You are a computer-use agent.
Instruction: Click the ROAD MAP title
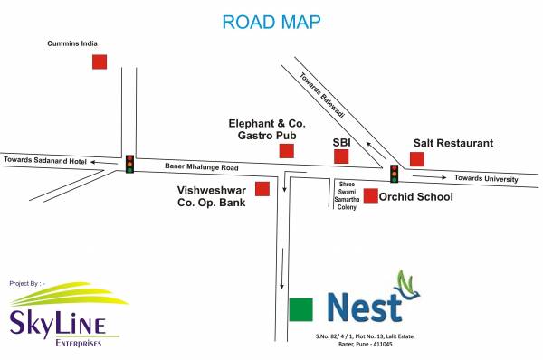pyautogui.click(x=271, y=21)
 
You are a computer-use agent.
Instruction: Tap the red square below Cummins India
pyautogui.click(x=100, y=62)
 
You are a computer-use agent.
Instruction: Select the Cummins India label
pyautogui.click(x=72, y=43)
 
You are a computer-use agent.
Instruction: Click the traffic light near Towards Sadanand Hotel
pyautogui.click(x=129, y=164)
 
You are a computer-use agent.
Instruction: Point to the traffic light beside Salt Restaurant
pyautogui.click(x=395, y=173)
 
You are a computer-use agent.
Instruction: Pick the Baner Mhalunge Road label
pyautogui.click(x=201, y=166)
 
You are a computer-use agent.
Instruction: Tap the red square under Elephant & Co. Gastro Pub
pyautogui.click(x=287, y=150)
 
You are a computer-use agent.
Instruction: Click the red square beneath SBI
pyautogui.click(x=341, y=156)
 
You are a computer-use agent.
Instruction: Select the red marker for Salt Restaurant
pyautogui.click(x=417, y=159)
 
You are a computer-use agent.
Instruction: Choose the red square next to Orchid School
pyautogui.click(x=370, y=195)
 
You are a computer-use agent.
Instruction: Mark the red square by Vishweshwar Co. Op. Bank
pyautogui.click(x=262, y=188)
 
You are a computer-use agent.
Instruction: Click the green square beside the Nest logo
pyautogui.click(x=300, y=308)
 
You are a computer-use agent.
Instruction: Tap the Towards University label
pyautogui.click(x=486, y=178)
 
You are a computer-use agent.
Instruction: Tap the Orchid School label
pyautogui.click(x=415, y=196)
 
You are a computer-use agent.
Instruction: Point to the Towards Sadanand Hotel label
pyautogui.click(x=44, y=160)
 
